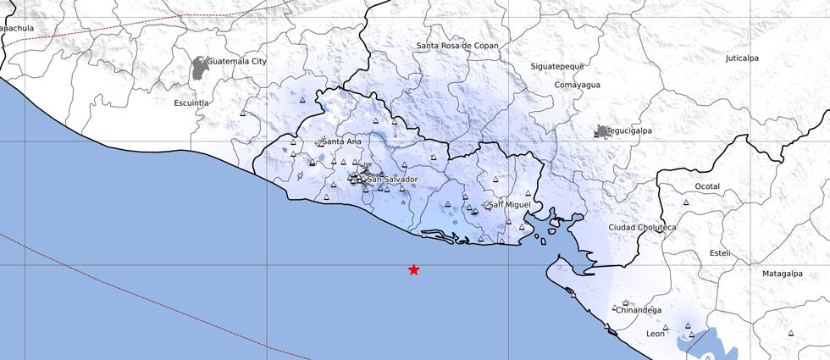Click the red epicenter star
tap(413, 269)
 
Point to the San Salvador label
tap(392, 180)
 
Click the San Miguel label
tap(511, 205)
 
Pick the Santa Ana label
tap(341, 141)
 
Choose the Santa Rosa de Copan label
tap(457, 46)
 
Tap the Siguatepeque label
tap(558, 65)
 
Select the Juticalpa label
tap(742, 58)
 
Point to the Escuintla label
tap(191, 102)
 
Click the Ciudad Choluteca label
tap(642, 227)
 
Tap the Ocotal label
tap(706, 186)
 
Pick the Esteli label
tap(719, 253)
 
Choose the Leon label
tap(656, 334)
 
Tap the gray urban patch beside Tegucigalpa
tap(601, 131)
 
